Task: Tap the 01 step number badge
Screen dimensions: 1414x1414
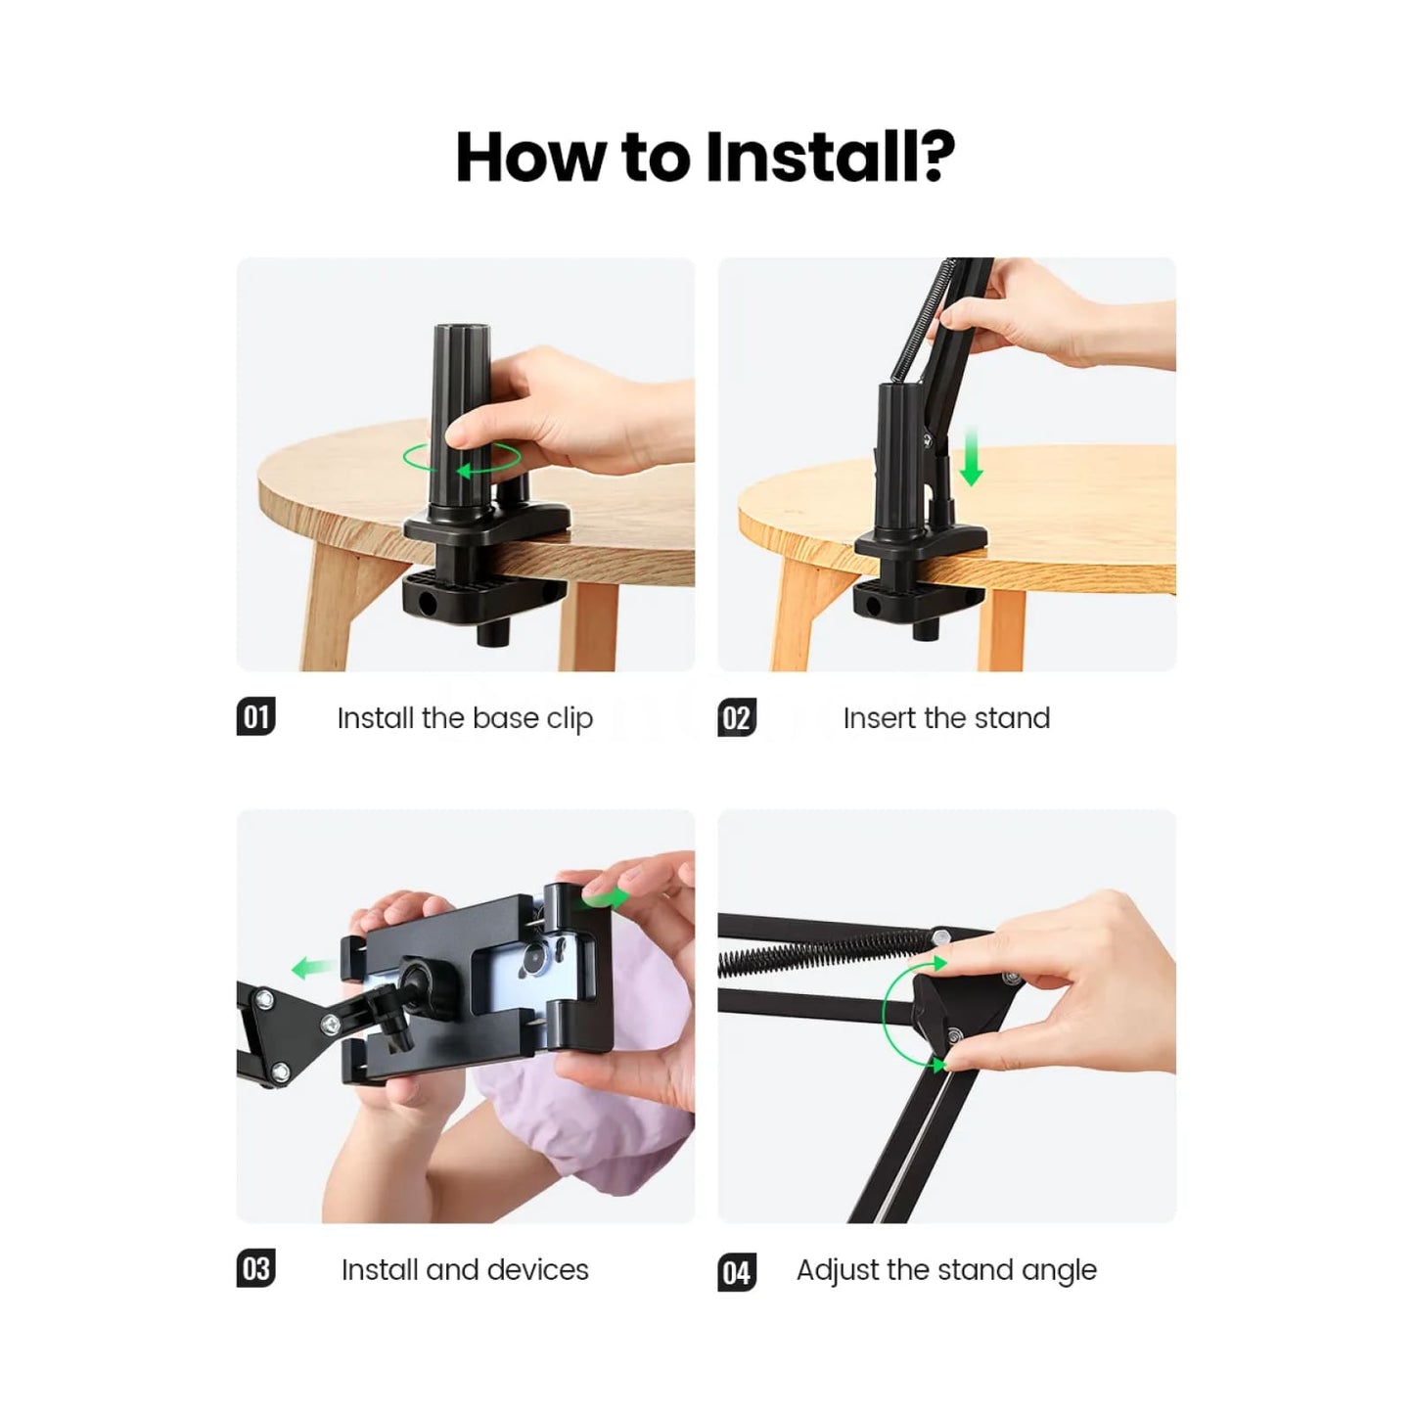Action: [255, 716]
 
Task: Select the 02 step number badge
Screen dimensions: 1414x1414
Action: [737, 717]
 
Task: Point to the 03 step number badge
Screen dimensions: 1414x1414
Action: [255, 1268]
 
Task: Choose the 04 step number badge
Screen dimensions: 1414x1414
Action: [737, 1272]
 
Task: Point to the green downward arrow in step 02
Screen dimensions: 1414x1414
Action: [971, 456]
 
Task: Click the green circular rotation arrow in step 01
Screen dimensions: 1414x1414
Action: [462, 459]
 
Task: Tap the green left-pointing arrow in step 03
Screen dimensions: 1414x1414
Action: [315, 967]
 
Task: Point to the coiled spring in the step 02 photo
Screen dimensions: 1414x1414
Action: [921, 320]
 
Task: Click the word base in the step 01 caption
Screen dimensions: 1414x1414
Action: [507, 717]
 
